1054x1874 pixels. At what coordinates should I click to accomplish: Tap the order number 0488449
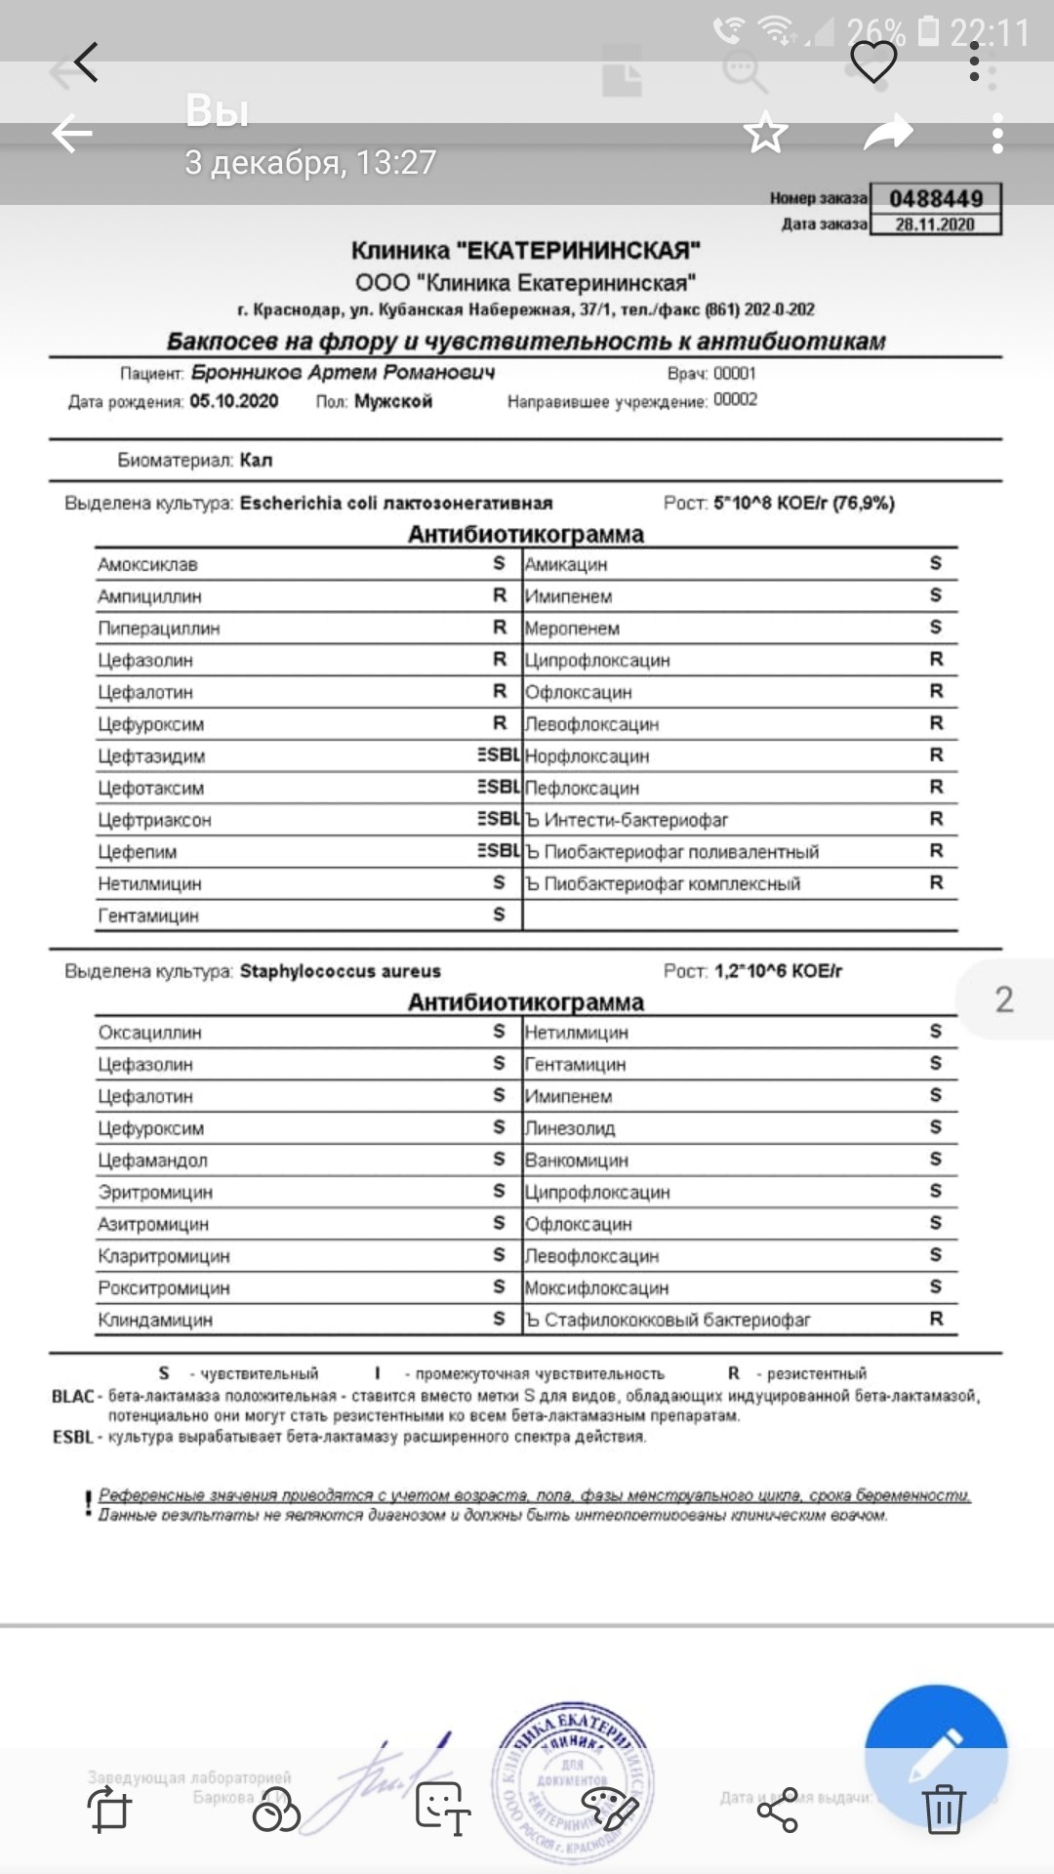pyautogui.click(x=935, y=198)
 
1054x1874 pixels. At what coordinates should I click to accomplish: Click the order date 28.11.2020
pyautogui.click(x=935, y=224)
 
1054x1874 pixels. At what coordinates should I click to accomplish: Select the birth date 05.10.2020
pyautogui.click(x=234, y=401)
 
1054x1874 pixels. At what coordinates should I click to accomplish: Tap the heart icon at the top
pyautogui.click(x=873, y=62)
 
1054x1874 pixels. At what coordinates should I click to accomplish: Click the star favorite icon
pyautogui.click(x=766, y=133)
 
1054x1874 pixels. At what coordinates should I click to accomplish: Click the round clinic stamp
pyautogui.click(x=573, y=1781)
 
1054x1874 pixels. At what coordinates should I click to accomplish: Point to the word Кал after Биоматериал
pyautogui.click(x=256, y=460)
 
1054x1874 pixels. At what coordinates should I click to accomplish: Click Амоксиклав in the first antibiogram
pyautogui.click(x=147, y=564)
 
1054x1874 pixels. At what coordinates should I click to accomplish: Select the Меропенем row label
pyautogui.click(x=572, y=629)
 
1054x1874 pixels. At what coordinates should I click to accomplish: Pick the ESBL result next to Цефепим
pyautogui.click(x=499, y=851)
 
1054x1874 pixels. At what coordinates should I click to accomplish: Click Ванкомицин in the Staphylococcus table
pyautogui.click(x=577, y=1161)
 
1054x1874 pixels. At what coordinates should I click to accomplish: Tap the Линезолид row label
pyautogui.click(x=570, y=1128)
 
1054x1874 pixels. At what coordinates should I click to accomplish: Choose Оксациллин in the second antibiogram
pyautogui.click(x=149, y=1033)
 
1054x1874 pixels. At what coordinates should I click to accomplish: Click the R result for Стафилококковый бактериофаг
pyautogui.click(x=936, y=1320)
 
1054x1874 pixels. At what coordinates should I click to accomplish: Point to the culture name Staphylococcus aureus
pyautogui.click(x=341, y=971)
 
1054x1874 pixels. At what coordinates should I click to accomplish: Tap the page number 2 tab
pyautogui.click(x=1004, y=999)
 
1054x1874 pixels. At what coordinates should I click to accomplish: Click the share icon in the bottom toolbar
pyautogui.click(x=778, y=1811)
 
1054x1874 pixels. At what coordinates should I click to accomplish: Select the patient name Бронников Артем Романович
pyautogui.click(x=343, y=373)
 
